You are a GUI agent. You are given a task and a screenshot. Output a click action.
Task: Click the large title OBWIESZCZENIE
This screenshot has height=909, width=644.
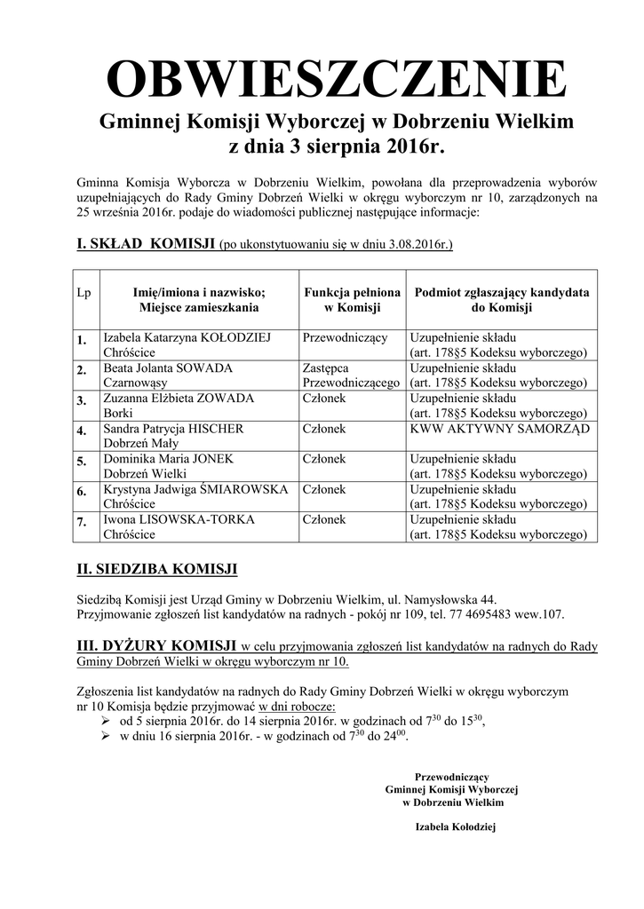pos(336,82)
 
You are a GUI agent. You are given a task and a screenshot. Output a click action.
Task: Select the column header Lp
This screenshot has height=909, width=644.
pos(83,293)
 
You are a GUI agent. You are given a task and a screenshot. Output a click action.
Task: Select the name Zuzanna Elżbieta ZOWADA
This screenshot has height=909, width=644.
pos(179,399)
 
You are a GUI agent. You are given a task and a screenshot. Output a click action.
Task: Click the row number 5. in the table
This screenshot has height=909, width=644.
pos(82,461)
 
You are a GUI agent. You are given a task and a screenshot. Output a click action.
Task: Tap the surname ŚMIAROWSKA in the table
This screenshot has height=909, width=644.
pos(243,489)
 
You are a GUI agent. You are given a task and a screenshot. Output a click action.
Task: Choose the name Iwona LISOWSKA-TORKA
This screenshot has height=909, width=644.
pos(179,519)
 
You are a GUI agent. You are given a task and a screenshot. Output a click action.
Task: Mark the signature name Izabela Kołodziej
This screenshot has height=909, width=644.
pos(454,826)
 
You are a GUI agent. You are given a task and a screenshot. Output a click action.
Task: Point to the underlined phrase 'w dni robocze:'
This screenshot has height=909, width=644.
pos(298,707)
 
